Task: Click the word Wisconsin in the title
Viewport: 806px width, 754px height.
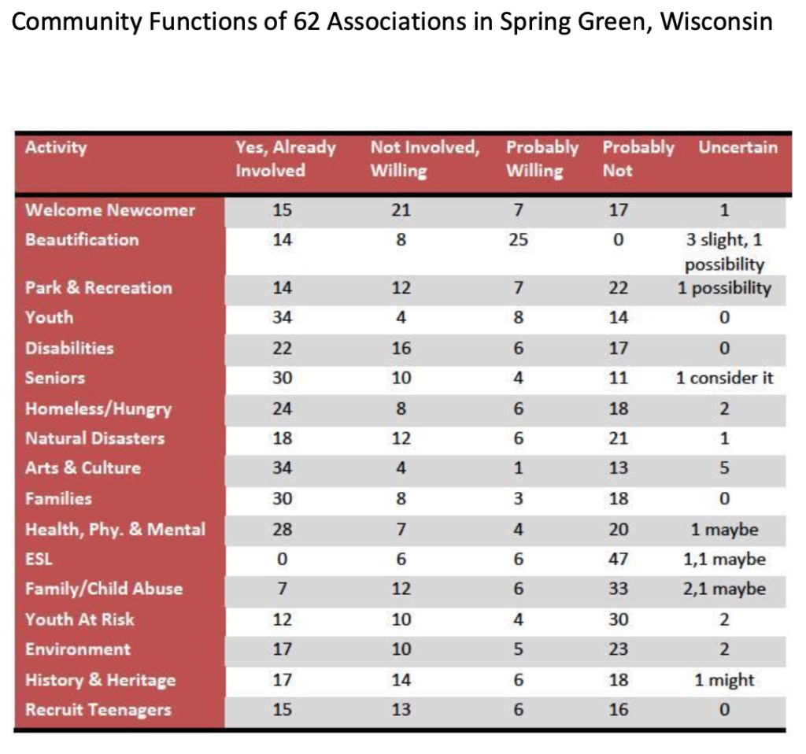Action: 716,21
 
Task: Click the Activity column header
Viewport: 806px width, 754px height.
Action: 56,147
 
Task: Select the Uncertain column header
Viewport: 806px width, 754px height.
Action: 738,147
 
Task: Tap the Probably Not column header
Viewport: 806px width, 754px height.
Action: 638,159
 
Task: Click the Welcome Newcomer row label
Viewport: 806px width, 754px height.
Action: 110,210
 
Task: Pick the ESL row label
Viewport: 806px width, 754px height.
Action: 39,559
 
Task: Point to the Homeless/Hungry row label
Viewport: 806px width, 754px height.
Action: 98,409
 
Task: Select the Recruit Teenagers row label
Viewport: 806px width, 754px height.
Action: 98,710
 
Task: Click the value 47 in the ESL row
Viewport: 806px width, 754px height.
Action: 619,559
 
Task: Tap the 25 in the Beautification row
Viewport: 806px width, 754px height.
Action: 518,239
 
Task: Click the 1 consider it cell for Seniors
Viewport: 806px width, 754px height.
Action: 724,379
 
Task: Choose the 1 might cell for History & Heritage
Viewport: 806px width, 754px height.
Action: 724,680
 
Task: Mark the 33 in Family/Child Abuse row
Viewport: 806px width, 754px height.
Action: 619,589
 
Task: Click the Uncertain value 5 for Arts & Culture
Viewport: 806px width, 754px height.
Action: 724,468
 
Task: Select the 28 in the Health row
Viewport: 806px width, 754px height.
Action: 283,530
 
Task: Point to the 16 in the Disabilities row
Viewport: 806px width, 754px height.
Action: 401,349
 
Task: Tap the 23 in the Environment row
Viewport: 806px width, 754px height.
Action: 619,649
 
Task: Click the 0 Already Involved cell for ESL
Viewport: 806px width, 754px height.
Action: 283,559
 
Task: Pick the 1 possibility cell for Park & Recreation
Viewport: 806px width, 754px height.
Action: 724,288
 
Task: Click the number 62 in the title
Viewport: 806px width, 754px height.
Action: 307,21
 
